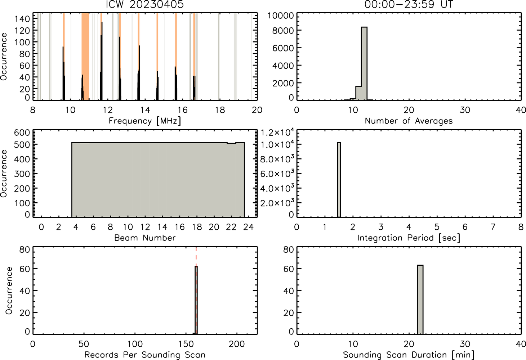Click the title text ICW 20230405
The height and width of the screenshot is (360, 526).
145,4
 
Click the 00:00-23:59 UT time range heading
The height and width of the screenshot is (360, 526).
409,4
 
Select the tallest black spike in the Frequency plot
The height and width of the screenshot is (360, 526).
102,61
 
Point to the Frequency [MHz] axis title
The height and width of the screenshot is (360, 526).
145,121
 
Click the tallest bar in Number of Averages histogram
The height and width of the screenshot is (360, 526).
364,63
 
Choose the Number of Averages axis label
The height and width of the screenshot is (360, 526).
409,121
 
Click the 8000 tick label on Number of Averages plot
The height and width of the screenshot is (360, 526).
283,31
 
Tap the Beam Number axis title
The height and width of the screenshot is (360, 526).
145,238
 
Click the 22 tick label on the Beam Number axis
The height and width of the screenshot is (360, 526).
231,227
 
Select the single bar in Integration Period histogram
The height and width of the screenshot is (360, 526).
339,180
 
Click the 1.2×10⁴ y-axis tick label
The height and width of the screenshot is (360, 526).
277,132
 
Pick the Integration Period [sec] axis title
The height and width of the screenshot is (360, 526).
409,238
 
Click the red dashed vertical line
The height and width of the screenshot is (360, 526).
196,291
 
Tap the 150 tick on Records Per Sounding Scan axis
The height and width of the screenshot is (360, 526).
186,344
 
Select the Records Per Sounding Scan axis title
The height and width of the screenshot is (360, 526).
145,355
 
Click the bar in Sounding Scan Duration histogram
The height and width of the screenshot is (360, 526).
420,300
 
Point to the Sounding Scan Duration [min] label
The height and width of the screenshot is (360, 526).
409,355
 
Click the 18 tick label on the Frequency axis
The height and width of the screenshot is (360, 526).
220,110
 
